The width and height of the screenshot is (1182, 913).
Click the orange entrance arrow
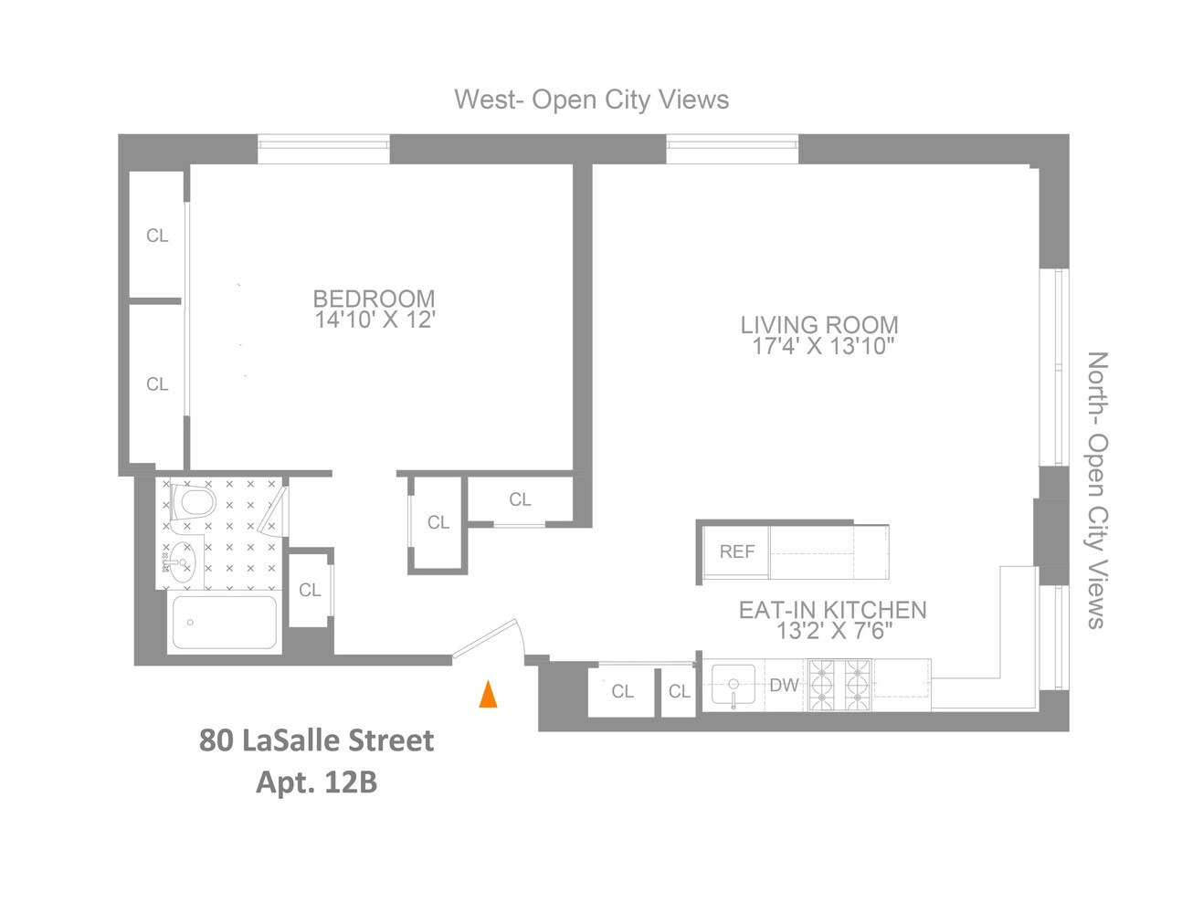pos(489,695)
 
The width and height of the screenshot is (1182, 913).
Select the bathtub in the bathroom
pos(224,622)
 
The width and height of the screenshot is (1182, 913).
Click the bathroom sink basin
pos(181,562)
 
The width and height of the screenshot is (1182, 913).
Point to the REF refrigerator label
pos(736,551)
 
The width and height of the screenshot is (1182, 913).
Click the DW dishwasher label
pos(784,685)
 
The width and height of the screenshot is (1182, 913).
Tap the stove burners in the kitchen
pos(839,685)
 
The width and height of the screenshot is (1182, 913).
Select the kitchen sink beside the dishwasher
pos(733,685)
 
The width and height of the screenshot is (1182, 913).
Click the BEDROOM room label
pos(374,298)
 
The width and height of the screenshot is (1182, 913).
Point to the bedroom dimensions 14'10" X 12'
pos(375,320)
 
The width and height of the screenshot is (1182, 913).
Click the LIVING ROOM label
pos(819,324)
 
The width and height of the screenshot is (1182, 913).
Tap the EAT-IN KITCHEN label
pos(832,609)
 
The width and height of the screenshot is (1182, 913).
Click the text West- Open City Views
pos(592,100)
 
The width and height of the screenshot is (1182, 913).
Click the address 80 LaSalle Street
pos(316,740)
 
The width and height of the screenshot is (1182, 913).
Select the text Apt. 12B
pos(316,782)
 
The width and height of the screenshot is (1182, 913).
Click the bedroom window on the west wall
pos(323,149)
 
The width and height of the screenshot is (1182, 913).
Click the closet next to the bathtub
pos(310,590)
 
